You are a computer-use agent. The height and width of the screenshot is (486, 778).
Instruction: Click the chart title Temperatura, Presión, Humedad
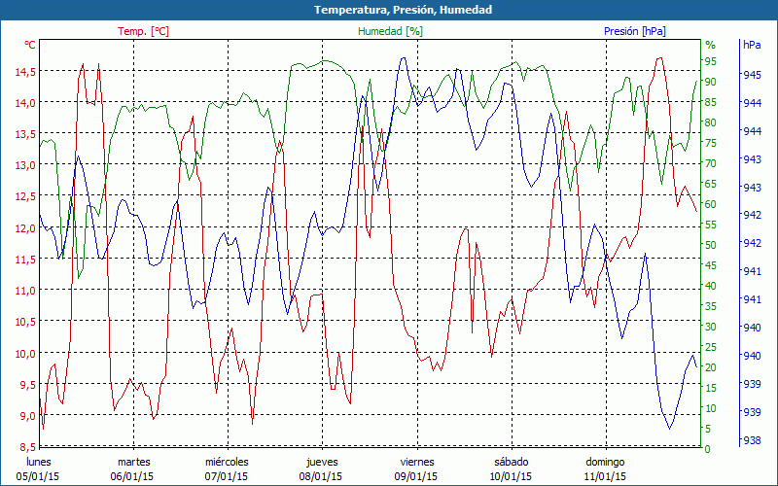pyautogui.click(x=403, y=10)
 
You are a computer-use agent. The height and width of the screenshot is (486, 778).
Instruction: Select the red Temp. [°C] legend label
pyautogui.click(x=143, y=31)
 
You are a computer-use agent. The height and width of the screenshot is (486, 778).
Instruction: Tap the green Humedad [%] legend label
pyautogui.click(x=390, y=31)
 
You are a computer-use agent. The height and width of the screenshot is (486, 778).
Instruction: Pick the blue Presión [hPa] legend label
pyautogui.click(x=635, y=31)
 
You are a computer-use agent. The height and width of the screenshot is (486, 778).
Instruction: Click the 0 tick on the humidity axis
pyautogui.click(x=708, y=449)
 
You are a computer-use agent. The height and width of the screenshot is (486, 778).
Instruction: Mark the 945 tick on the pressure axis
pyautogui.click(x=752, y=75)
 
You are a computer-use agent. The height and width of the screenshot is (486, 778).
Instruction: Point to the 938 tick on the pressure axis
pyautogui.click(x=752, y=441)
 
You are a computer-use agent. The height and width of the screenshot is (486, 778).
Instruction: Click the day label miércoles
pyautogui.click(x=227, y=462)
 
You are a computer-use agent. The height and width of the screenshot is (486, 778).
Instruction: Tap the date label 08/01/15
pyautogui.click(x=321, y=476)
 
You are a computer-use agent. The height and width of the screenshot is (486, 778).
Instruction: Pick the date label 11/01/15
pyautogui.click(x=605, y=476)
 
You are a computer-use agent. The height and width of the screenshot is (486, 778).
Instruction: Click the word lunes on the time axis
pyautogui.click(x=38, y=462)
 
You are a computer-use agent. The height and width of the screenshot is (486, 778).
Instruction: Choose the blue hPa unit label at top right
pyautogui.click(x=752, y=45)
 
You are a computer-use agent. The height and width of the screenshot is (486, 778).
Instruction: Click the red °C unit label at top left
pyautogui.click(x=30, y=45)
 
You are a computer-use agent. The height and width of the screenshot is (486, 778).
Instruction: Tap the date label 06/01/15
pyautogui.click(x=132, y=476)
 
